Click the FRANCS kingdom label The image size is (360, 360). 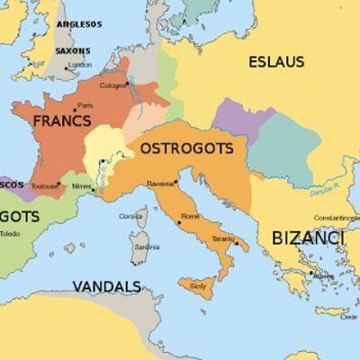[61, 120]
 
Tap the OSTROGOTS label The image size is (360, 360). [186, 148]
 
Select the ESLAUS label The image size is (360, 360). [276, 62]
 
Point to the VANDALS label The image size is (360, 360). [106, 287]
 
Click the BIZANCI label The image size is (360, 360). [307, 238]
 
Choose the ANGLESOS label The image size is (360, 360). [80, 24]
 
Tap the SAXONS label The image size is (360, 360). [73, 51]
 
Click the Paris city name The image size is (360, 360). [85, 105]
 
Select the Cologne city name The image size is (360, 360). [113, 85]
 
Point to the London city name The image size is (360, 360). [80, 65]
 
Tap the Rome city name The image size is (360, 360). [191, 216]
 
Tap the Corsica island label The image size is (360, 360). [132, 216]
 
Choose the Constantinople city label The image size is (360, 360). [337, 218]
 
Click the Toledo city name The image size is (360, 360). [9, 234]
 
